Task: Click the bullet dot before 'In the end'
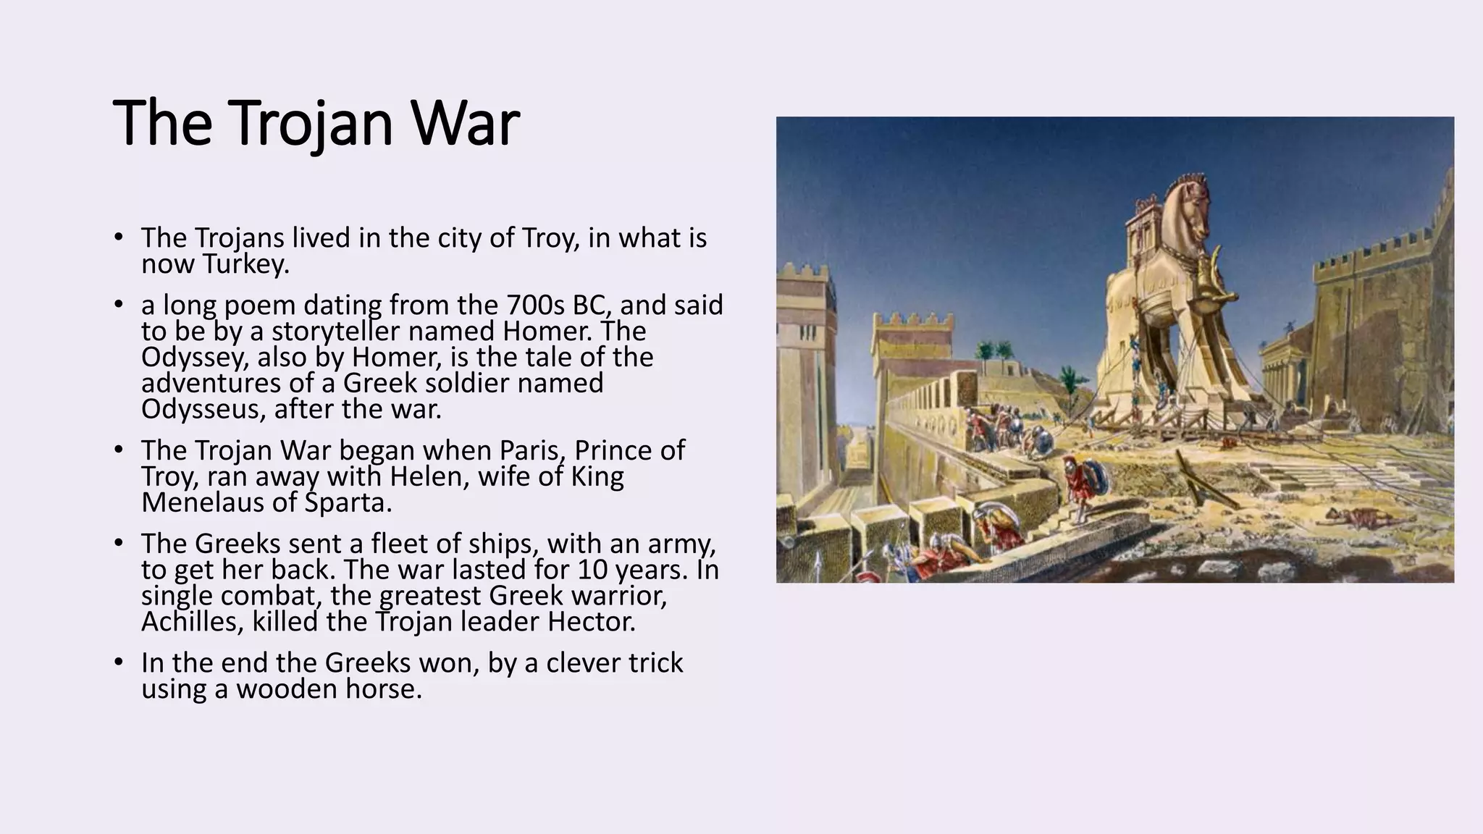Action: [119, 662]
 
